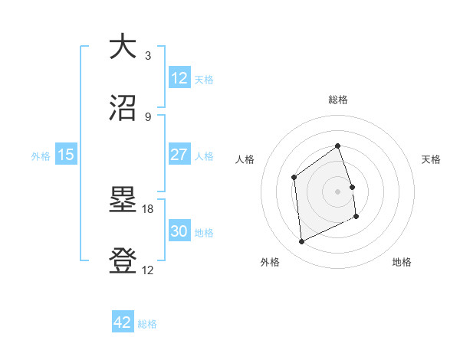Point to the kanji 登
click(123, 261)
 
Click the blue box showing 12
click(179, 78)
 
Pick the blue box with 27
click(179, 155)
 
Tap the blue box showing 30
click(179, 231)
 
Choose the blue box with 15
click(66, 155)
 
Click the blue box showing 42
click(123, 322)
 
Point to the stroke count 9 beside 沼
click(148, 117)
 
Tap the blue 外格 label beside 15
click(41, 155)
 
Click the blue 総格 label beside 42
click(147, 324)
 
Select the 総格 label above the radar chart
click(338, 100)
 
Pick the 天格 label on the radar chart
click(432, 159)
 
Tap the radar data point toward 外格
click(301, 242)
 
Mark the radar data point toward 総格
click(338, 146)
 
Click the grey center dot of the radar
click(338, 191)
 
